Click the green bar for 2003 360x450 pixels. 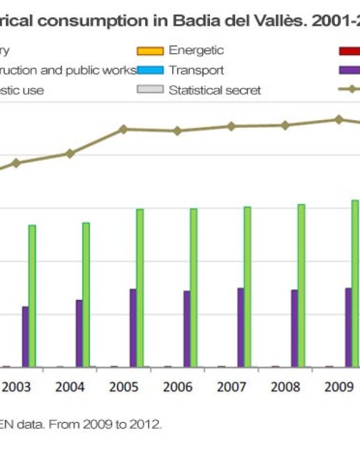coord(32,296)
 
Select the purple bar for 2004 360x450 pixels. coord(79,333)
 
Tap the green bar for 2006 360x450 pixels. coord(194,287)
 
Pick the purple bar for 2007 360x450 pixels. coord(241,327)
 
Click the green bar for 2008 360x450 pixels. coord(301,286)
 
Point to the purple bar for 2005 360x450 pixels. coord(133,328)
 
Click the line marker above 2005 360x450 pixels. coord(123,129)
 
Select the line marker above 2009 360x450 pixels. coord(339,119)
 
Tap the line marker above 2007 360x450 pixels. coord(231,126)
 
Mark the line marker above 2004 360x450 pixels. coord(70,154)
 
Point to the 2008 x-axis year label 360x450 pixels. coord(285,386)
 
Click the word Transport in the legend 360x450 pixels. coord(196,71)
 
